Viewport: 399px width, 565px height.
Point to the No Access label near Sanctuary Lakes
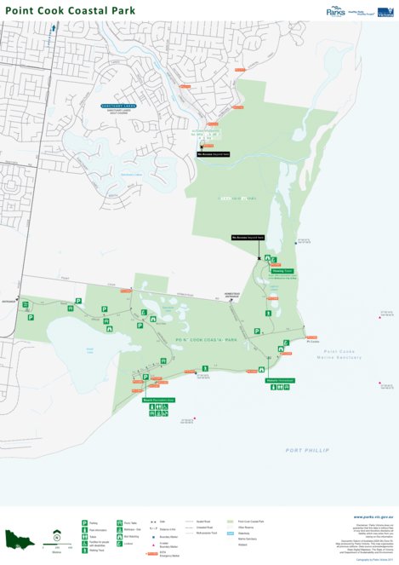click(214, 154)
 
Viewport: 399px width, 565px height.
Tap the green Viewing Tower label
click(282, 271)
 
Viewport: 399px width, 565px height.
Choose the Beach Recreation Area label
click(158, 399)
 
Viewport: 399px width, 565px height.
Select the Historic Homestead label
click(279, 379)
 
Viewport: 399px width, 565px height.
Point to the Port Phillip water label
click(307, 449)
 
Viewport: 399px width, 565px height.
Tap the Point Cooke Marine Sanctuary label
click(345, 354)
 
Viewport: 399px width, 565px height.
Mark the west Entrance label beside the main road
click(10, 301)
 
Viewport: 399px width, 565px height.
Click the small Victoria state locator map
click(19, 539)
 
